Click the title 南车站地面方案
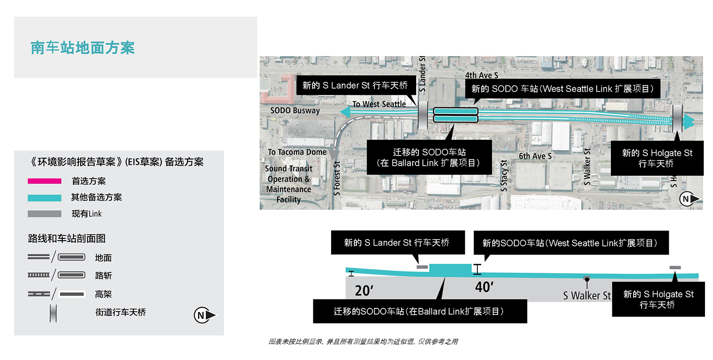pyautogui.click(x=82, y=48)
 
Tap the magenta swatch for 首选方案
pyautogui.click(x=45, y=181)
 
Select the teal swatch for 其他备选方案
pyautogui.click(x=45, y=198)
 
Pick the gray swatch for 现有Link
pyautogui.click(x=45, y=214)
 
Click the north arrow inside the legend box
pyautogui.click(x=205, y=315)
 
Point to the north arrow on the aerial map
pyautogui.click(x=689, y=199)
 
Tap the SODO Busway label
pyautogui.click(x=295, y=110)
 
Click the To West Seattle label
pyautogui.click(x=379, y=104)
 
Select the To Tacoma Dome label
pyautogui.click(x=297, y=152)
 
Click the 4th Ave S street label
pyautogui.click(x=481, y=75)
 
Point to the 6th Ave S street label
pyautogui.click(x=535, y=156)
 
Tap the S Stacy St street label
pyautogui.click(x=504, y=176)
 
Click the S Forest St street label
pyautogui.click(x=337, y=179)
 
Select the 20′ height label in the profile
pyautogui.click(x=364, y=290)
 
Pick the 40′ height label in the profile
pyautogui.click(x=484, y=287)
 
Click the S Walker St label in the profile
pyautogui.click(x=587, y=296)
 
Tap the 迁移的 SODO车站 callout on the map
pyautogui.click(x=429, y=157)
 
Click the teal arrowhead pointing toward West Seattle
pyautogui.click(x=345, y=112)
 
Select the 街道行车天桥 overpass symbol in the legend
pyautogui.click(x=53, y=313)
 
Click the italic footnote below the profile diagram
pyautogui.click(x=363, y=342)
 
